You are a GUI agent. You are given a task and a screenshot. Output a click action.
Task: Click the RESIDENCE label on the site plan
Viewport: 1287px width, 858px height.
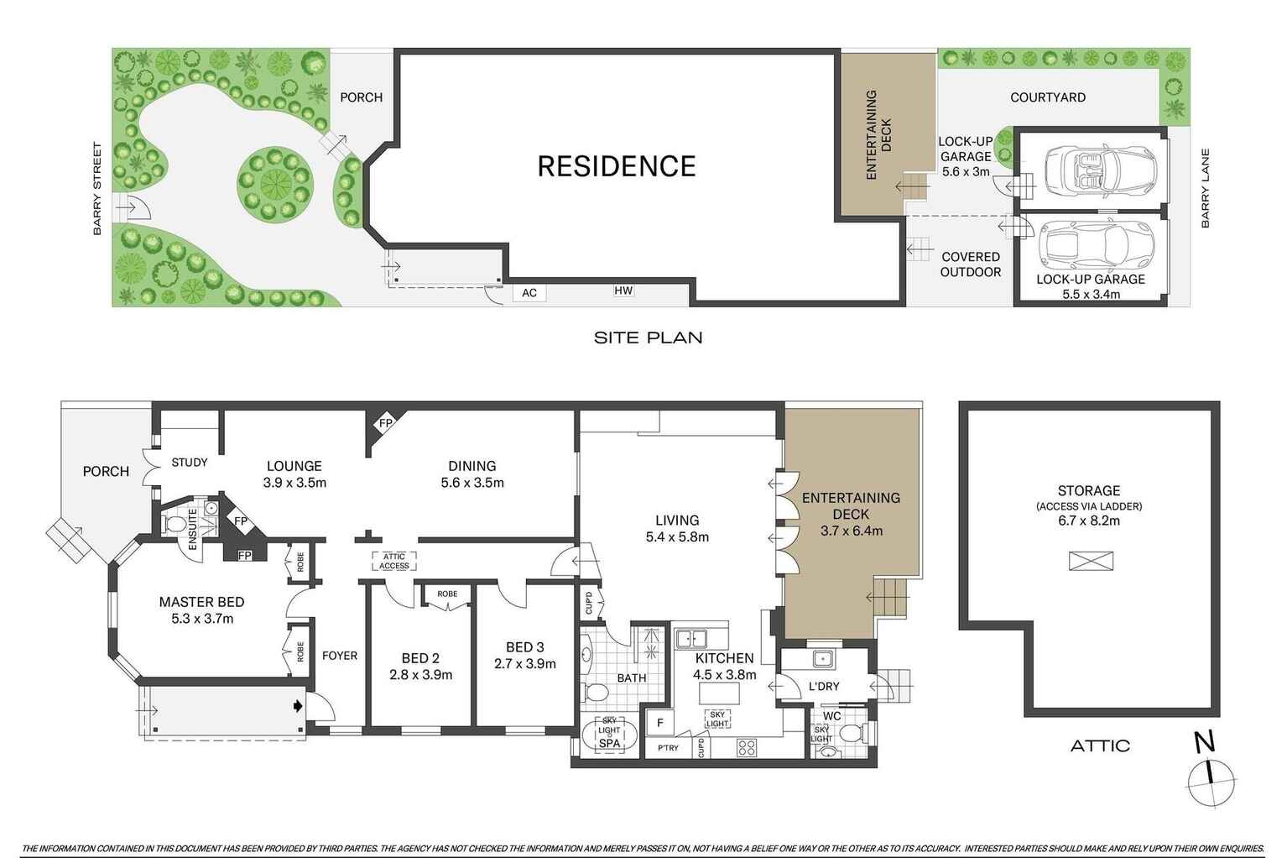(x=617, y=166)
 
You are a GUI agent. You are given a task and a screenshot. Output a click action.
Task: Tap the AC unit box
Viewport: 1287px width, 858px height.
(x=529, y=293)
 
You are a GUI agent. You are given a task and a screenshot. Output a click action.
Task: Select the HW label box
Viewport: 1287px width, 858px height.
(x=623, y=290)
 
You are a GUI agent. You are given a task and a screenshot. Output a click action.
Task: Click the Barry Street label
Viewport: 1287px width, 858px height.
(x=97, y=189)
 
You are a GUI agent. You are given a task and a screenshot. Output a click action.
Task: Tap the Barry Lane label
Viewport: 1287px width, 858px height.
(x=1206, y=188)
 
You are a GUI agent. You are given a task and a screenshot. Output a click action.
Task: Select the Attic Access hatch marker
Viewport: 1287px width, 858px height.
(x=394, y=561)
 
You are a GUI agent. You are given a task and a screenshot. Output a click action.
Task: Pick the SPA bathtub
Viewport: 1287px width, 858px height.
(x=609, y=736)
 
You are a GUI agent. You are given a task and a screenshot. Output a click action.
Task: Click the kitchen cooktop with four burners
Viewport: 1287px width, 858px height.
(x=747, y=748)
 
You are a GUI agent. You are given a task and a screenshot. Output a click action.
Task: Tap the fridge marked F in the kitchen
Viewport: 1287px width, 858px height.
(x=659, y=724)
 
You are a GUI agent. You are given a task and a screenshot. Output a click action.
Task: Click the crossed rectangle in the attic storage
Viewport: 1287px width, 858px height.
(x=1091, y=561)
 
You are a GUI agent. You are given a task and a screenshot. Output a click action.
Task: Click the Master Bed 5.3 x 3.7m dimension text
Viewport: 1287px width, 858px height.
(x=202, y=619)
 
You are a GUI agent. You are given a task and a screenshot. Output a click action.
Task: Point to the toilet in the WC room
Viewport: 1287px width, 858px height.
(x=851, y=733)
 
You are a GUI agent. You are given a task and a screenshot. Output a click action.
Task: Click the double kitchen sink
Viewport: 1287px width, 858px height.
(x=691, y=639)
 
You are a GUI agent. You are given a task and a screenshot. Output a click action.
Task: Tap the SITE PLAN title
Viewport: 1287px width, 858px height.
(x=648, y=337)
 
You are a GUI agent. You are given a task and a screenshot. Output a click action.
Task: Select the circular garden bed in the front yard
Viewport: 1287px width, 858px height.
(x=276, y=184)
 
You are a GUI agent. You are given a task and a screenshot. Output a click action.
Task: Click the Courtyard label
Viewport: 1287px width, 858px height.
(x=1048, y=97)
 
